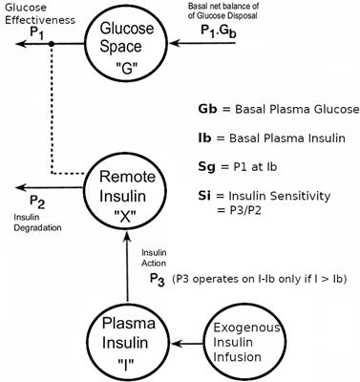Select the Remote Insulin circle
click(x=138, y=188)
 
